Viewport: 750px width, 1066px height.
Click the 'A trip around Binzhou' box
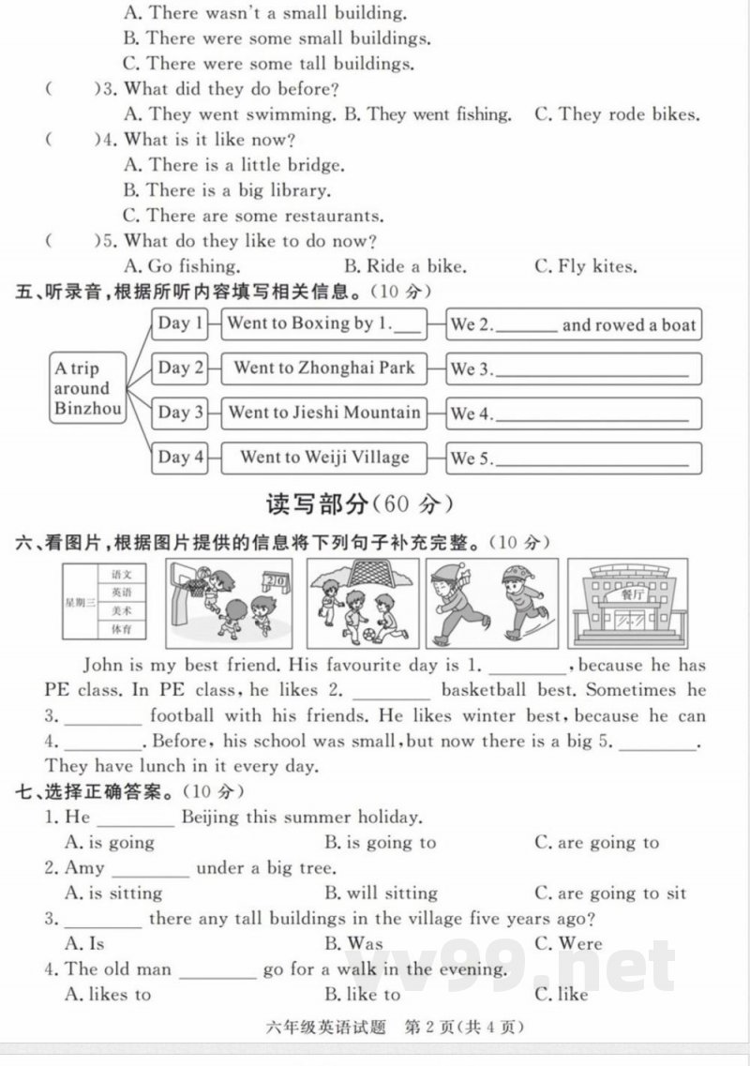[88, 388]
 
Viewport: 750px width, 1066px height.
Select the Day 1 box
[180, 324]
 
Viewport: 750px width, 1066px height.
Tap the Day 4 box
[180, 458]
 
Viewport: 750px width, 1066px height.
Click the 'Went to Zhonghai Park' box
[323, 368]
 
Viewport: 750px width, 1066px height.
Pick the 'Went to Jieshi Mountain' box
[323, 413]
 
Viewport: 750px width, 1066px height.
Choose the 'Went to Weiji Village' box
[323, 458]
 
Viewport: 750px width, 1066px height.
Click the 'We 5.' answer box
[574, 458]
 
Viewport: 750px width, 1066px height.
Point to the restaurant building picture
[626, 604]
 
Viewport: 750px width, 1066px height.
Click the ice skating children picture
[491, 604]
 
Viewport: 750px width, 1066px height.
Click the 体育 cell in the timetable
[122, 629]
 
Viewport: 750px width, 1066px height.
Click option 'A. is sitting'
[112, 893]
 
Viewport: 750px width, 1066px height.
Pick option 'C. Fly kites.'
[585, 266]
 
